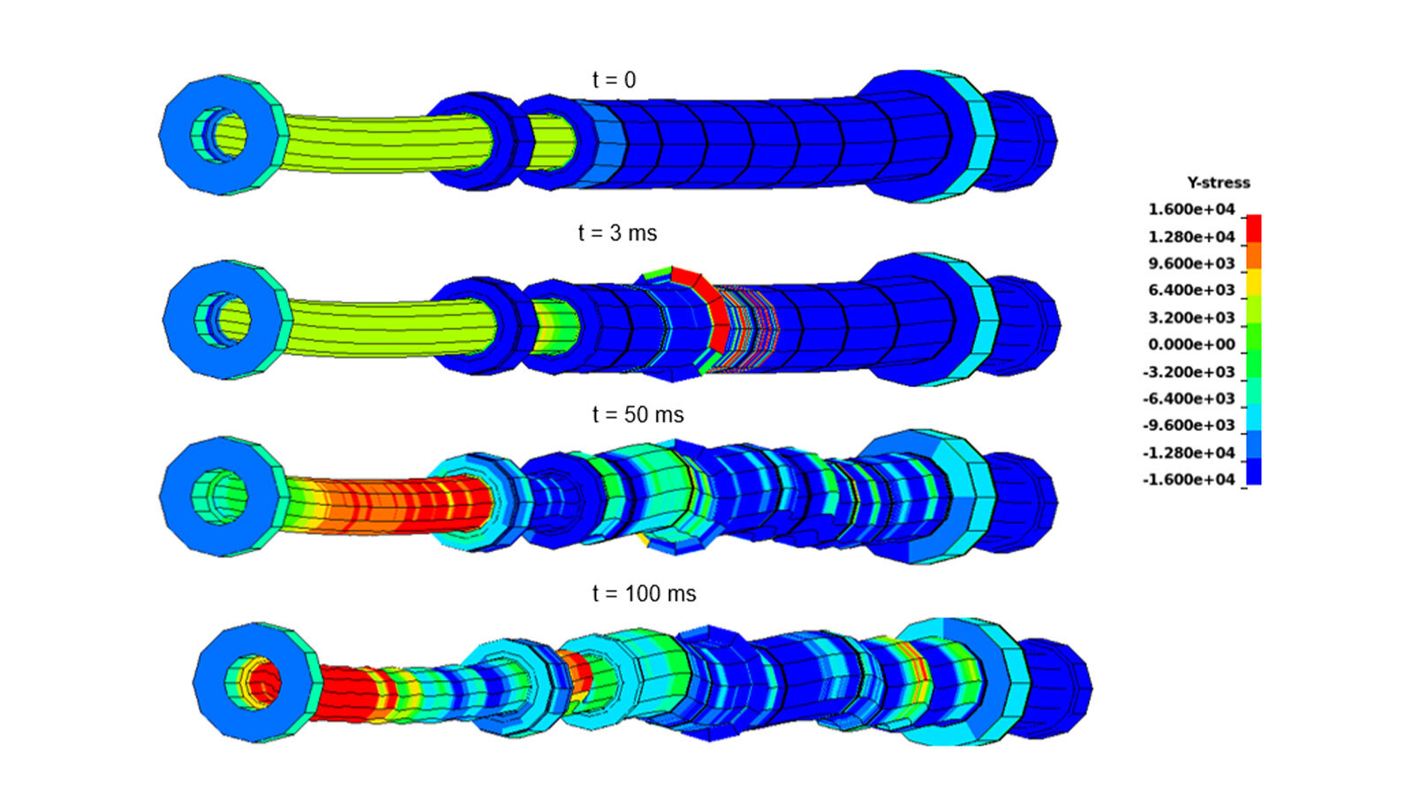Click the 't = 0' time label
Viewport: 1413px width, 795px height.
(614, 80)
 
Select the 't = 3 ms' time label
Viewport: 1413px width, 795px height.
(617, 233)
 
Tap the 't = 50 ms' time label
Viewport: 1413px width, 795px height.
(638, 414)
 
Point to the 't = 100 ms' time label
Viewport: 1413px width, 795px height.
(644, 594)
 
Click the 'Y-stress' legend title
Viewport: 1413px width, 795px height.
(1218, 183)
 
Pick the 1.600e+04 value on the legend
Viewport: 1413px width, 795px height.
(1191, 209)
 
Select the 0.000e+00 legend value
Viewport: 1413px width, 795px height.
(1191, 344)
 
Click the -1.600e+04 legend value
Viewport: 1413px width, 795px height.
(1189, 480)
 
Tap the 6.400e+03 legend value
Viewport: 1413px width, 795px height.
(1191, 291)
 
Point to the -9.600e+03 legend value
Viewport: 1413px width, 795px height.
(1189, 425)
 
